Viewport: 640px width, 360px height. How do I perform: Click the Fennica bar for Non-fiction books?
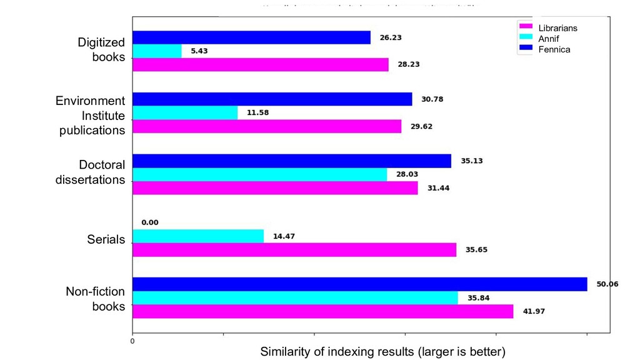coord(359,284)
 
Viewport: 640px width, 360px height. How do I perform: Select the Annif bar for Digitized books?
coord(157,51)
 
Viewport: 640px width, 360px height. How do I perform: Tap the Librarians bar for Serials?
coord(294,250)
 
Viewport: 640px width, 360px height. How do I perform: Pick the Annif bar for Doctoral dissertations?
coord(259,174)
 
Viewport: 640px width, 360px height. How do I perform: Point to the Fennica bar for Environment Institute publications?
coord(272,99)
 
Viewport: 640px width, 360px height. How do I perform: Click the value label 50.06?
coord(607,284)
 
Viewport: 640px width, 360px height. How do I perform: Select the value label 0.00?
coord(150,222)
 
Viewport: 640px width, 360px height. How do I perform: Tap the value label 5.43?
coord(199,51)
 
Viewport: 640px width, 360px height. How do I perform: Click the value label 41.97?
coord(532,311)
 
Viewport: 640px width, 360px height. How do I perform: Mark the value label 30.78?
coord(431,99)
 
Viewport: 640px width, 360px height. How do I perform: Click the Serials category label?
coord(106,239)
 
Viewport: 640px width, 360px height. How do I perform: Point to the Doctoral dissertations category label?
coord(90,172)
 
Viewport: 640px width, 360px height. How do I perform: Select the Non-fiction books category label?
coord(96,299)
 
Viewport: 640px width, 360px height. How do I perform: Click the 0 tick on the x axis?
coord(132,341)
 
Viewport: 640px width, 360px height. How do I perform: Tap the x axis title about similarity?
coord(382,352)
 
